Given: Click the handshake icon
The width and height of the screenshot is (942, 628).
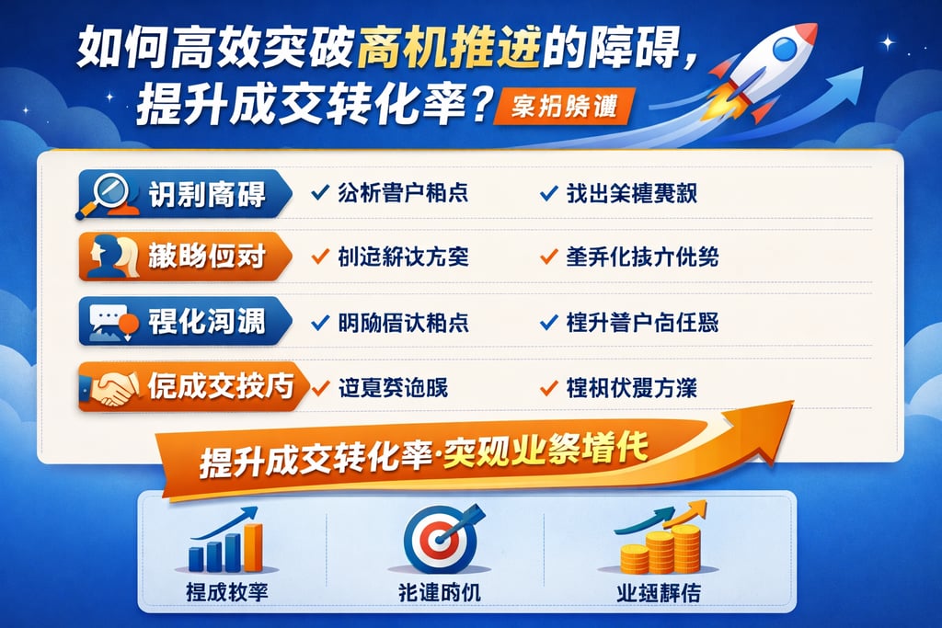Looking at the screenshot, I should pos(109,386).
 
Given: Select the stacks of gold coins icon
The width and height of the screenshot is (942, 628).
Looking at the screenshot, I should pos(661,544).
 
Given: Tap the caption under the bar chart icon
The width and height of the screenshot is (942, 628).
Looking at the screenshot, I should pos(226,593).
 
